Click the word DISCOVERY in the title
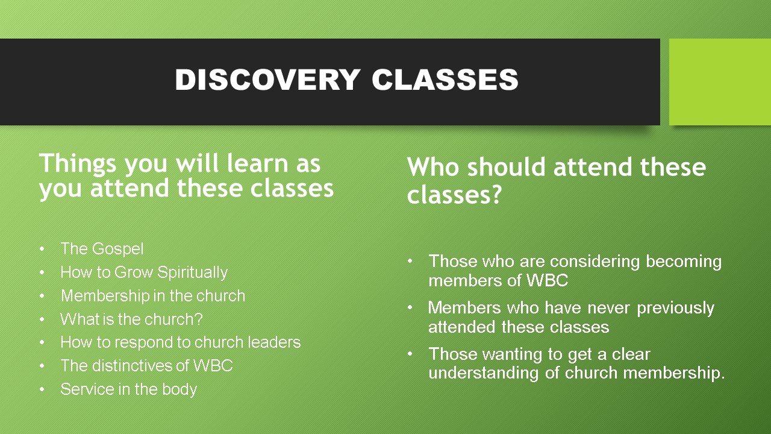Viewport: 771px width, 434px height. pos(268,80)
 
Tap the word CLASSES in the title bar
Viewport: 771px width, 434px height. pos(445,80)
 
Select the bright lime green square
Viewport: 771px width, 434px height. pos(720,82)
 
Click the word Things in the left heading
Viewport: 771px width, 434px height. pos(78,164)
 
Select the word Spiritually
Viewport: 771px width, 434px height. pos(192,272)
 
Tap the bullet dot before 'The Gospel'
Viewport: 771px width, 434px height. pos(42,249)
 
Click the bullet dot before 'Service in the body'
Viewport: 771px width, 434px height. pos(42,389)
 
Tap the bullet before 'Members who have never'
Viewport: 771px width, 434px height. pos(410,307)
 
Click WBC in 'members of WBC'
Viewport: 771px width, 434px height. pos(548,280)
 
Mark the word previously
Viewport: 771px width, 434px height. pos(675,309)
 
